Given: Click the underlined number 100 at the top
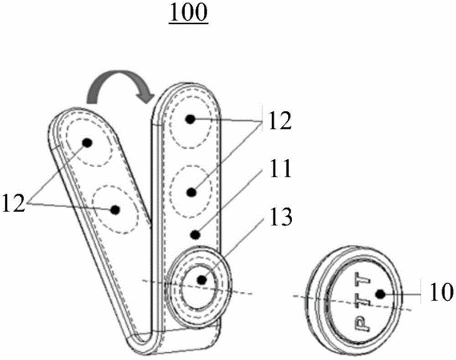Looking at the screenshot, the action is [189, 13].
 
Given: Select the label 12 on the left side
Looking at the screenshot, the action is [13, 202].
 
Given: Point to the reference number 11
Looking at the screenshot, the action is [280, 169].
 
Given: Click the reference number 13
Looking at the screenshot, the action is [281, 217].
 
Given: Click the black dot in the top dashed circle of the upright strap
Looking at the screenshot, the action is [190, 119].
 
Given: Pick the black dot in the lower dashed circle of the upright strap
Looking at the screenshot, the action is [191, 192].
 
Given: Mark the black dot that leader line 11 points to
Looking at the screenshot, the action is [195, 234].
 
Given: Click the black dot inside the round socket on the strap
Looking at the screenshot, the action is [202, 280].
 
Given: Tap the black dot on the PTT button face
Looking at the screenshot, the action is [380, 294].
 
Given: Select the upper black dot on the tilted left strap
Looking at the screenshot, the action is [87, 142].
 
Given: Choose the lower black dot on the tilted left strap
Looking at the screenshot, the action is [115, 210].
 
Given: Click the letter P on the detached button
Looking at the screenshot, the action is [361, 324].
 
